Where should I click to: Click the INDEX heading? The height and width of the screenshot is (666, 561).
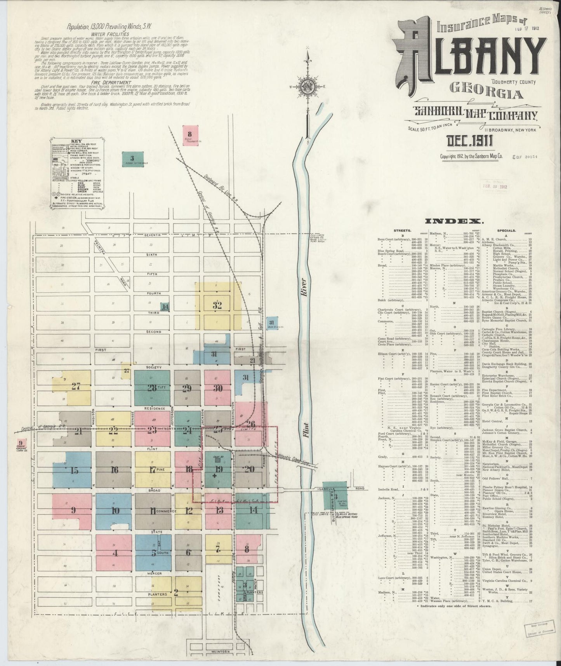point(454,221)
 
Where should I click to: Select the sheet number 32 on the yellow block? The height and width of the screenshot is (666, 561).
point(217,305)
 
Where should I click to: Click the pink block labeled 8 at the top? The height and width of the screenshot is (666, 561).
point(190,134)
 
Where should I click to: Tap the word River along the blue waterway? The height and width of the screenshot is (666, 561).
point(303,286)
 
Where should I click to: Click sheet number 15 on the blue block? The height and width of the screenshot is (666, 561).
point(74,471)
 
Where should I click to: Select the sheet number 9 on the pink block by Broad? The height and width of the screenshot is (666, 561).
point(73,510)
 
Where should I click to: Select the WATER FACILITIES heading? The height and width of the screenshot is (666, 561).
point(110,34)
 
